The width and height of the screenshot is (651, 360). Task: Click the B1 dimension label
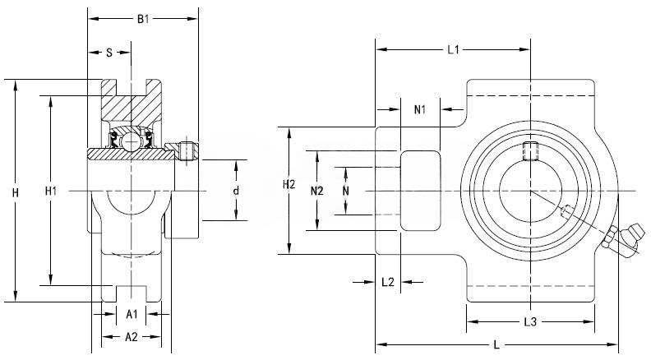[x=143, y=18]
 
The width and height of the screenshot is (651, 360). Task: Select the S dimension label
[x=108, y=53]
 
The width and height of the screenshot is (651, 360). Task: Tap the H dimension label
[x=15, y=192]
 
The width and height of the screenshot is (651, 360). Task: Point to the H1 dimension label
[x=50, y=192]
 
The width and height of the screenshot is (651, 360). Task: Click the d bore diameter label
[x=235, y=191]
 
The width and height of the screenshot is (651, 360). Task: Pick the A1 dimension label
[x=132, y=314]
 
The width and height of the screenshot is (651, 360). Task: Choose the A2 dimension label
[x=131, y=336]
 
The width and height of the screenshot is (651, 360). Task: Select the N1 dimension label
[x=419, y=109]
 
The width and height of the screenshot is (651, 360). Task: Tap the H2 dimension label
[x=288, y=185]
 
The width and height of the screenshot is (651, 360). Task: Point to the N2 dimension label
[x=318, y=191]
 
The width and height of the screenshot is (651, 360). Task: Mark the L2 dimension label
[x=389, y=282]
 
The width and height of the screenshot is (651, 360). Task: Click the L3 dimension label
[x=530, y=321]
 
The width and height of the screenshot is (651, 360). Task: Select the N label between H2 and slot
[x=345, y=191]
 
